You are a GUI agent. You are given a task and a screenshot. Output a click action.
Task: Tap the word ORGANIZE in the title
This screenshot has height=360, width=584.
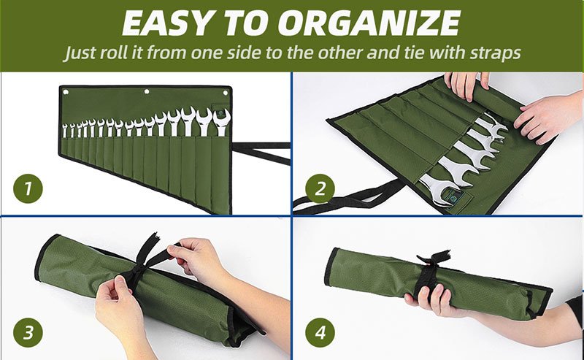(x=369, y=23)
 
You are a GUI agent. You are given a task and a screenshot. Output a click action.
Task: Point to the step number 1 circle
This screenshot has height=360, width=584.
(x=28, y=188)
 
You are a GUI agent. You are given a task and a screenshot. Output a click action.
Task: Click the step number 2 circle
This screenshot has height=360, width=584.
(x=320, y=188)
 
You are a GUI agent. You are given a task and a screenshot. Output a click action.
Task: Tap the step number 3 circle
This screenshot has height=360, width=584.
(x=28, y=332)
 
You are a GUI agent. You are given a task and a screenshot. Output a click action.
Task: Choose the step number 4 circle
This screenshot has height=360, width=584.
(x=320, y=332)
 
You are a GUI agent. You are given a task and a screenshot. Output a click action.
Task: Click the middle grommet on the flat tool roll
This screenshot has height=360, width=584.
(x=147, y=91)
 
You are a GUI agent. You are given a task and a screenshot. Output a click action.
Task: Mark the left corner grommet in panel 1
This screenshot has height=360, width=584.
(x=66, y=92)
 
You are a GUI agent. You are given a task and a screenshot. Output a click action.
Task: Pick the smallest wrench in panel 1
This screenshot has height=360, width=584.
(x=65, y=131)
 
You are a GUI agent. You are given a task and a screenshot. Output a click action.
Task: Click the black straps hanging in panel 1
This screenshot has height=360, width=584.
(x=261, y=150)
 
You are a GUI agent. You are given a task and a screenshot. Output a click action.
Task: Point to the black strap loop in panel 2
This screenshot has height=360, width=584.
(x=346, y=196)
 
